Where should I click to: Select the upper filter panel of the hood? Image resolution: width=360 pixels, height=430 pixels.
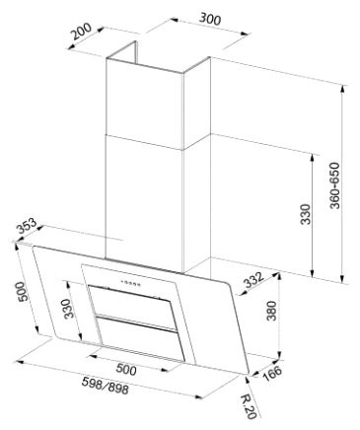click(x=131, y=300)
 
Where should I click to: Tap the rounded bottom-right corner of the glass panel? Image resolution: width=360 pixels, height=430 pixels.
click(x=237, y=373)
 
